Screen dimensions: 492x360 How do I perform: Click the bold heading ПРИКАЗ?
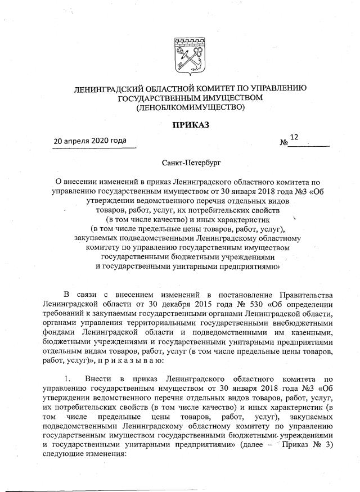click(190, 125)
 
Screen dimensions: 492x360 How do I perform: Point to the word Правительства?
click(306, 295)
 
